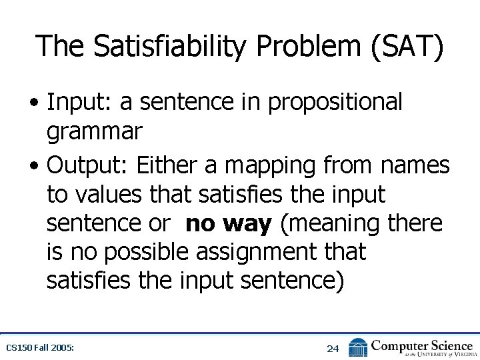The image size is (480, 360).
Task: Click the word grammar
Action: pyautogui.click(x=94, y=131)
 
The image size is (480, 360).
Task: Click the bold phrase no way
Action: pyautogui.click(x=229, y=224)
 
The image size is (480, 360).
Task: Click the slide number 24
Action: pyautogui.click(x=333, y=348)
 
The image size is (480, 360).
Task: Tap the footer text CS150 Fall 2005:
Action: pyautogui.click(x=40, y=348)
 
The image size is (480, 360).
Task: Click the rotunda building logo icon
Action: pyautogui.click(x=358, y=347)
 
